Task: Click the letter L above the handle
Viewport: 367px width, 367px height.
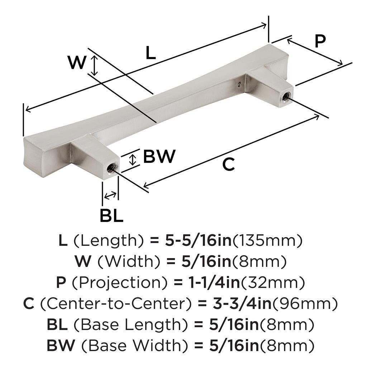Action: [151, 54]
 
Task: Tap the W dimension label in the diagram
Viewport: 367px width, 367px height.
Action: [77, 63]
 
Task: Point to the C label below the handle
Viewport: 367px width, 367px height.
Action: [228, 165]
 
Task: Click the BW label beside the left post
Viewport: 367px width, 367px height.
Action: [159, 156]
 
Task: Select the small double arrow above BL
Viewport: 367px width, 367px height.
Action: [110, 195]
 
